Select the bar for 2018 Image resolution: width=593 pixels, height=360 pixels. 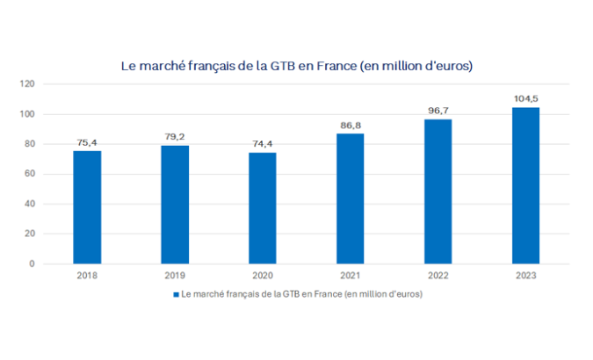[87, 207]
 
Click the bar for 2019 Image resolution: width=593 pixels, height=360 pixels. [175, 205]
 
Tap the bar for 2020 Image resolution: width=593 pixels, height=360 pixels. [263, 208]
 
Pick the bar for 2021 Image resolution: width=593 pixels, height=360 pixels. [351, 198]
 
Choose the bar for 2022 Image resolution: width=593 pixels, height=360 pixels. [438, 191]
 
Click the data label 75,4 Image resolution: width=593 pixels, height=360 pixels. [87, 142]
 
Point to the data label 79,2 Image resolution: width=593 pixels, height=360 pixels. [175, 137]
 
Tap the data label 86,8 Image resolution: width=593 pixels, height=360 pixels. [351, 126]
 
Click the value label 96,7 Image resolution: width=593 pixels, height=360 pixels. [438, 111]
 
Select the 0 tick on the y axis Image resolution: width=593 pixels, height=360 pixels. [33, 263]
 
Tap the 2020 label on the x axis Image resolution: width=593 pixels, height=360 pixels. [263, 277]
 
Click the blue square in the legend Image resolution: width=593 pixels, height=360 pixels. [177, 294]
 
